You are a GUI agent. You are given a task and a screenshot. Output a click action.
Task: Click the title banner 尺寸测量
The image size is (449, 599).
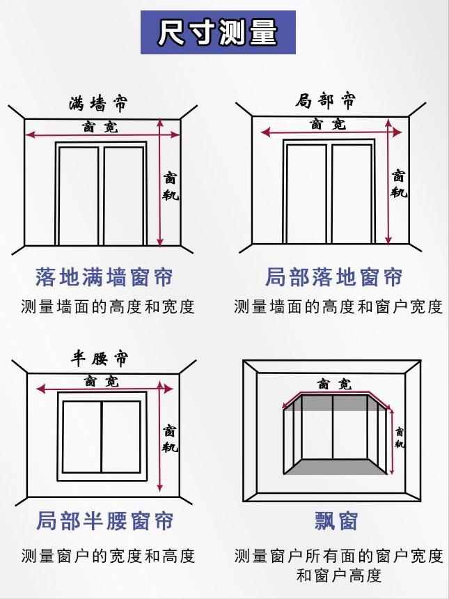[218, 33]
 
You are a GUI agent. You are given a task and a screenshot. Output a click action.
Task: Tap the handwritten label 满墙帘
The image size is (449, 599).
[98, 104]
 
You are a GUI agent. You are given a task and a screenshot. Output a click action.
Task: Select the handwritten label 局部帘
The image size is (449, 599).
[325, 102]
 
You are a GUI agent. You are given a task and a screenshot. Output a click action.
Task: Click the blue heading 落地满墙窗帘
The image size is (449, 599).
[104, 277]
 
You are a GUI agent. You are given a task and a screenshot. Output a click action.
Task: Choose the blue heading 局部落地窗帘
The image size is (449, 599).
[334, 277]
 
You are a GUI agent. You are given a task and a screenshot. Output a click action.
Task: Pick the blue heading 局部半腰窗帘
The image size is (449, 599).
[104, 521]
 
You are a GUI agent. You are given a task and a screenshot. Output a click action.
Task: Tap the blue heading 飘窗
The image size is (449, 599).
[336, 521]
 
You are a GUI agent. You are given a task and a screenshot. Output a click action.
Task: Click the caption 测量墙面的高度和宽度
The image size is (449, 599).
[108, 306]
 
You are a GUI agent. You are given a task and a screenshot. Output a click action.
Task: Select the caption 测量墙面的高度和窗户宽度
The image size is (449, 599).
[338, 306]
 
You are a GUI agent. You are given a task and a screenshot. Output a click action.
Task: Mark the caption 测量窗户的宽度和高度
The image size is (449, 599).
[108, 556]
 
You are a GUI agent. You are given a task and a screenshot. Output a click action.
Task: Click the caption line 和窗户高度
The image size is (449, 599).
[339, 575]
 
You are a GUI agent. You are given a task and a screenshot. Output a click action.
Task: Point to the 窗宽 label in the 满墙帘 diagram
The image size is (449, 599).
[100, 127]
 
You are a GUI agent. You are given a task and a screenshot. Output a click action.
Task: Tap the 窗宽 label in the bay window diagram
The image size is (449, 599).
[334, 384]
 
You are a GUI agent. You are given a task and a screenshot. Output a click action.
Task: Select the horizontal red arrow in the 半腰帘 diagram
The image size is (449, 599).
[104, 389]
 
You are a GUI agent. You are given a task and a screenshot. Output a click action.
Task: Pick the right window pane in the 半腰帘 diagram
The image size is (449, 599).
[123, 437]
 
